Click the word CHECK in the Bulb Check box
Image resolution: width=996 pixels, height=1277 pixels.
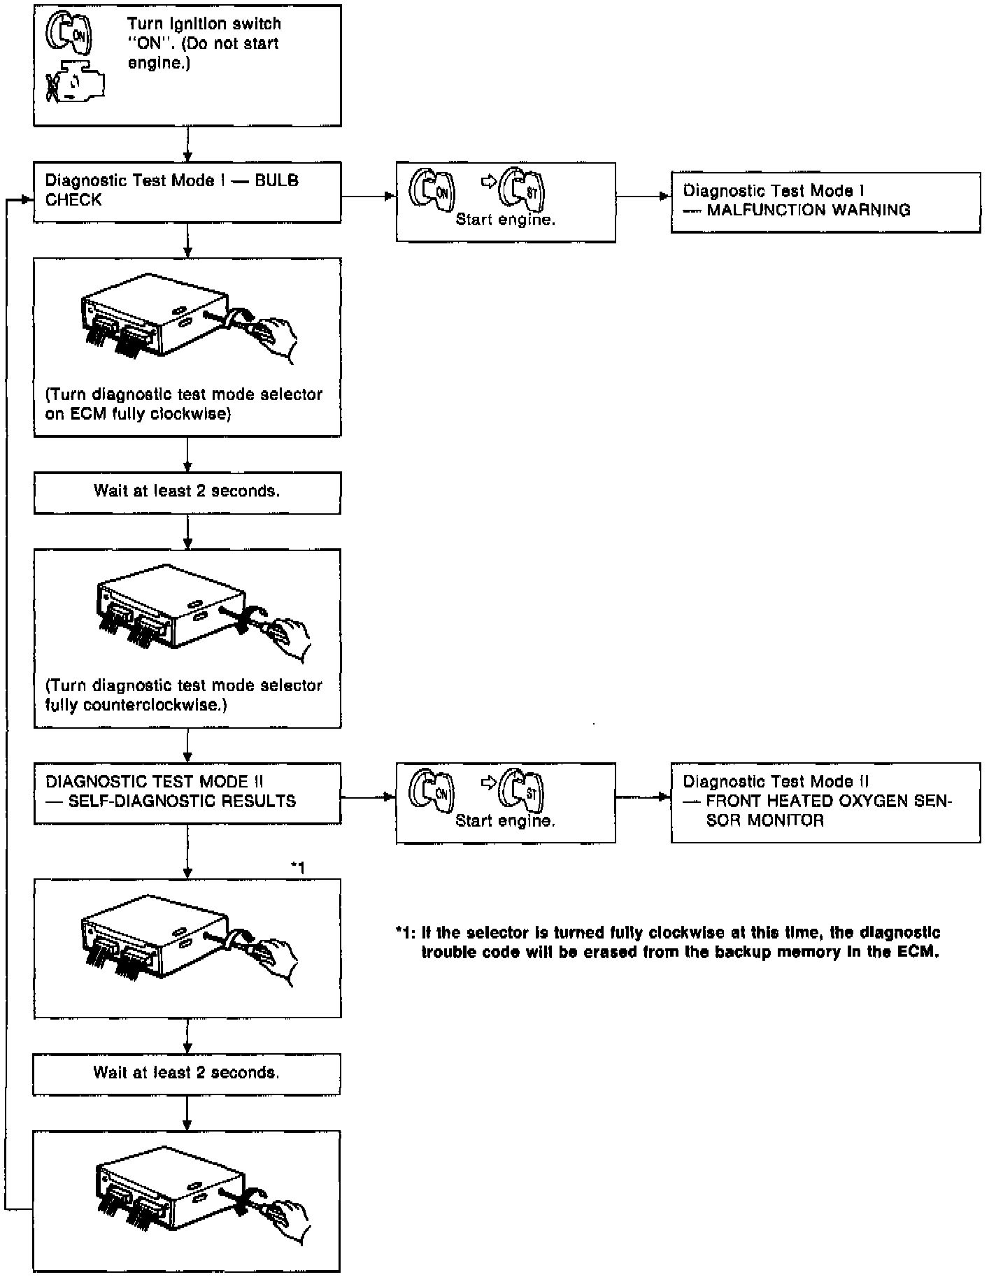73,201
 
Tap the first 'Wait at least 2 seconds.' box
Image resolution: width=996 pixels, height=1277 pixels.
187,492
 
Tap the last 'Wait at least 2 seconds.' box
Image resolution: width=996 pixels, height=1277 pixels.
186,1073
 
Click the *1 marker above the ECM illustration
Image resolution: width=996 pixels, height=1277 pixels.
298,868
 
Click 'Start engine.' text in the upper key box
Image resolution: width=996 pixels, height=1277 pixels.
505,220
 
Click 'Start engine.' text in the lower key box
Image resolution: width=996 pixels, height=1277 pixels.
505,821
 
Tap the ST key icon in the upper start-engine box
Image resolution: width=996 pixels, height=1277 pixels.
526,190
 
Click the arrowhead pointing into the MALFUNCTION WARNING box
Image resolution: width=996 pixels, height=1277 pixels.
665,197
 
